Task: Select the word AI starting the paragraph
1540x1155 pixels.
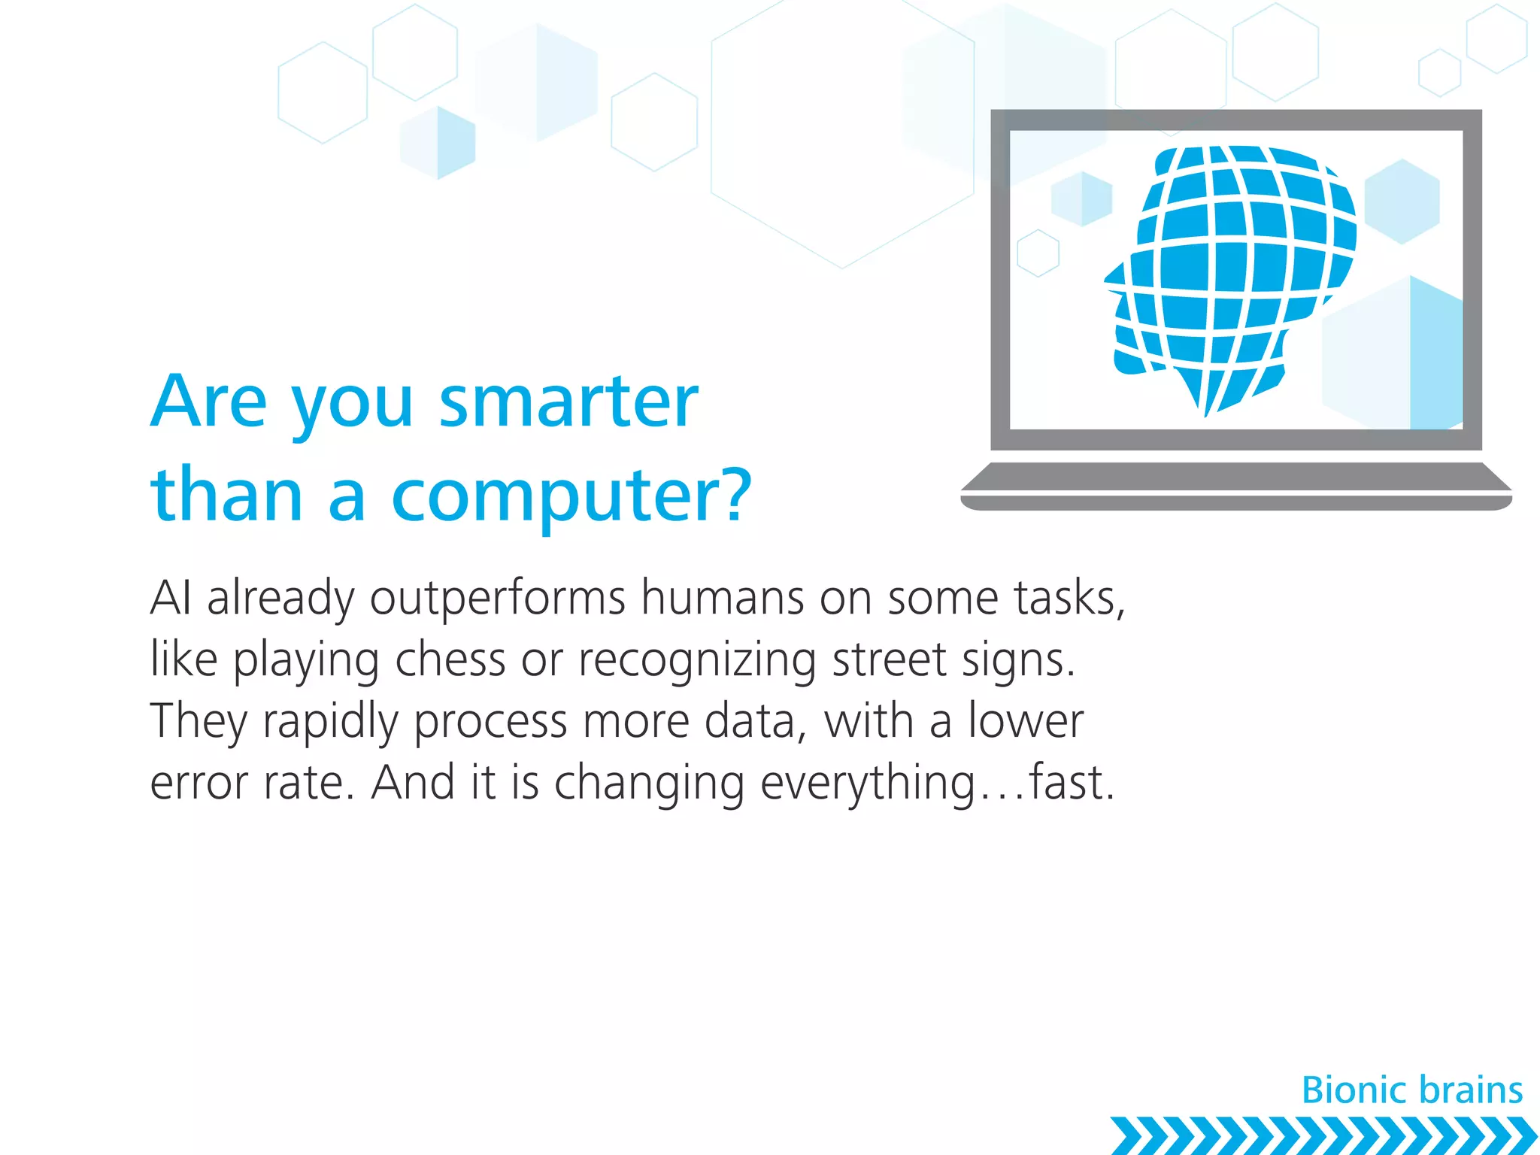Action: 170,599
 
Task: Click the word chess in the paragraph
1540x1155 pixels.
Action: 450,660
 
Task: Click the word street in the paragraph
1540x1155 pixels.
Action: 889,660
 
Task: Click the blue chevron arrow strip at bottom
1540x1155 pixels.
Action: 1323,1135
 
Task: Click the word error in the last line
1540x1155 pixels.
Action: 198,784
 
